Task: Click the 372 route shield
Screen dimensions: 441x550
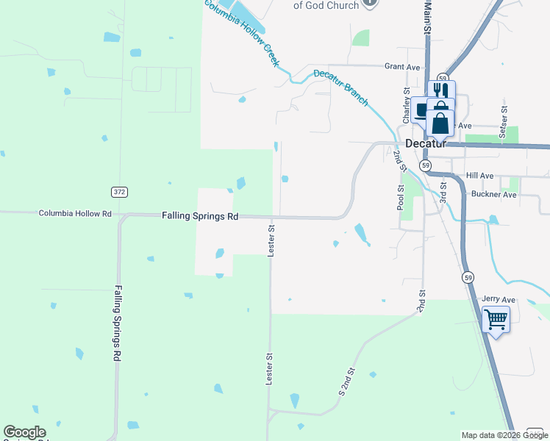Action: click(119, 192)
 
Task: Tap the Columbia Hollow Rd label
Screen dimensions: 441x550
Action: click(75, 214)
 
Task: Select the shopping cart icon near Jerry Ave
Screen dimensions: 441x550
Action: click(496, 320)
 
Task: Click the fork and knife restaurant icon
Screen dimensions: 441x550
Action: click(440, 90)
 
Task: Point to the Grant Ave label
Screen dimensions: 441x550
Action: click(402, 67)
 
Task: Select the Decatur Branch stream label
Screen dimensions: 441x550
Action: click(340, 87)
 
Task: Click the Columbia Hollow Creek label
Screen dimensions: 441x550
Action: click(242, 32)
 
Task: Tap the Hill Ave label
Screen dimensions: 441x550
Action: click(479, 176)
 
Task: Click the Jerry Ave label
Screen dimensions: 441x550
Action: click(499, 300)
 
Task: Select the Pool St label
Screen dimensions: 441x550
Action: click(401, 198)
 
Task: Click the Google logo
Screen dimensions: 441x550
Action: click(24, 432)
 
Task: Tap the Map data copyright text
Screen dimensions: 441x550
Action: click(504, 435)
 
